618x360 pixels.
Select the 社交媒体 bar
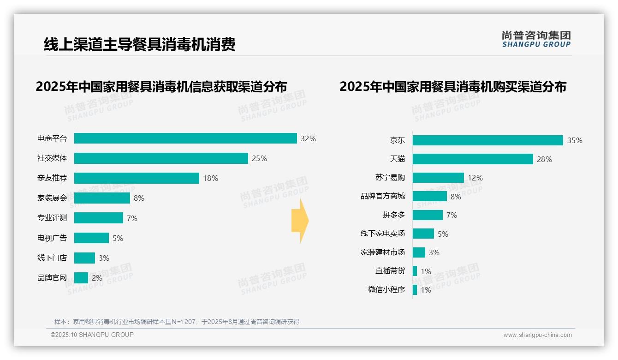point(161,158)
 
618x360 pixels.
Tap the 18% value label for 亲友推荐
point(210,178)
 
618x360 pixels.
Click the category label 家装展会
point(52,198)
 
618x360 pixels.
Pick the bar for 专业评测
point(99,218)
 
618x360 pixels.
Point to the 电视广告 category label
point(52,238)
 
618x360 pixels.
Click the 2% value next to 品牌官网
point(97,278)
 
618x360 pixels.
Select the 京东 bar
point(487,140)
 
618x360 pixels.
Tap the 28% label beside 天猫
point(544,159)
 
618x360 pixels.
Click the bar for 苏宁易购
point(438,178)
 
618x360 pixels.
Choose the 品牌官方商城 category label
point(383,196)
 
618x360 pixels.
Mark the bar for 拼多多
point(428,215)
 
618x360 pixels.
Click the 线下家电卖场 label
point(383,234)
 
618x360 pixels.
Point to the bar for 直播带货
point(415,271)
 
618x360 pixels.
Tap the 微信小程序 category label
point(386,290)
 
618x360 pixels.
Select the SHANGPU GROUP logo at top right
point(536,39)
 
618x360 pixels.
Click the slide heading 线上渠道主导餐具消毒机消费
point(140,44)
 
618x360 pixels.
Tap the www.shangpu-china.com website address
point(537,335)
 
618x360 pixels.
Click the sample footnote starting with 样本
point(177,322)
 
